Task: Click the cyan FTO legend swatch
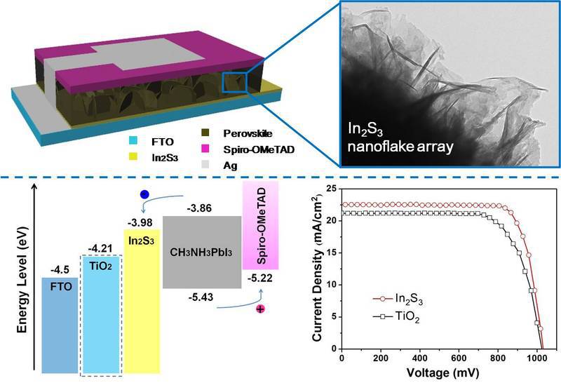click(133, 141)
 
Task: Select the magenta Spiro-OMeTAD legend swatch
click(205, 149)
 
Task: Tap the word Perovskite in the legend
click(248, 133)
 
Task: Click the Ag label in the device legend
click(230, 166)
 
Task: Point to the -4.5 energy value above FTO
click(60, 269)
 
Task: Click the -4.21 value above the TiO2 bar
click(100, 248)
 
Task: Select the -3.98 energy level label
click(140, 222)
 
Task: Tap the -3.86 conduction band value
click(199, 208)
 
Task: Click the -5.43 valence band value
click(201, 297)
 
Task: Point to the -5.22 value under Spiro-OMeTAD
click(260, 278)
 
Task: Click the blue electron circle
click(144, 194)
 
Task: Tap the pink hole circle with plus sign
click(260, 309)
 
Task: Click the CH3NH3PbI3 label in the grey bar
click(201, 253)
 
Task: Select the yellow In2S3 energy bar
click(142, 301)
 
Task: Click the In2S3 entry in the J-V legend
click(398, 300)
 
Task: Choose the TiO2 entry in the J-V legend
click(396, 317)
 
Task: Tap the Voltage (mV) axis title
click(442, 373)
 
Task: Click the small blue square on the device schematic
click(234, 82)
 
